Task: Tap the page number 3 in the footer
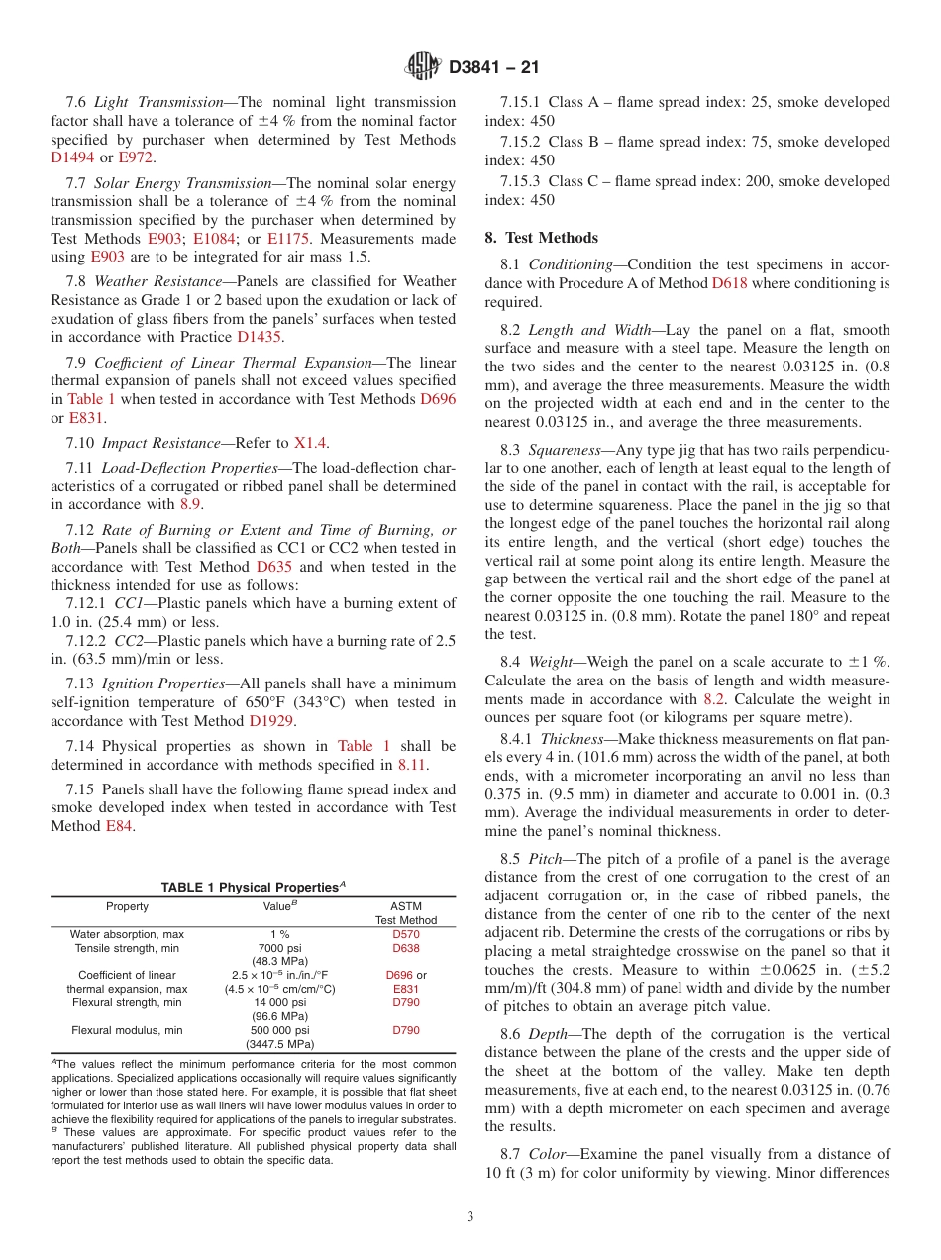tap(470, 1217)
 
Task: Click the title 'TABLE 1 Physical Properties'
tap(253, 887)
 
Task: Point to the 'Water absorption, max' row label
tap(127, 934)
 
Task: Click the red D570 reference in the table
tap(406, 934)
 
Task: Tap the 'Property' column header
tap(127, 906)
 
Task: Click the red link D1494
tap(72, 157)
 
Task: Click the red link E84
tap(119, 826)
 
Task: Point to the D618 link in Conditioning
tap(729, 283)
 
